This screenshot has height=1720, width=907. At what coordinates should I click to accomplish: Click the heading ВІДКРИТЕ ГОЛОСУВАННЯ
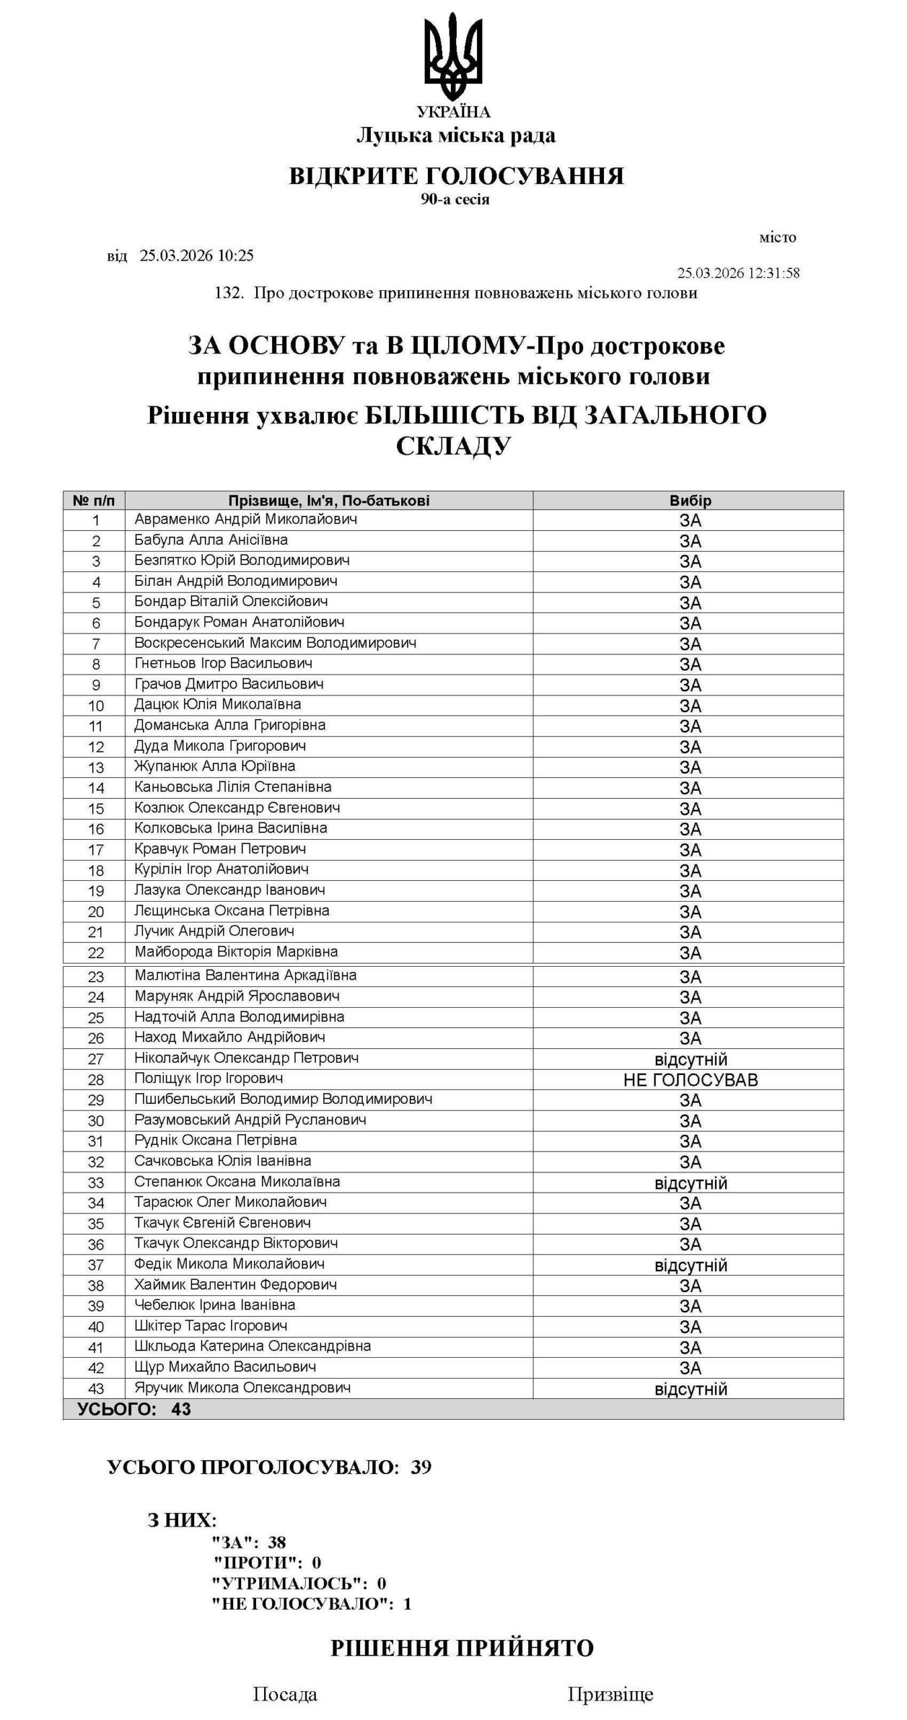tap(456, 176)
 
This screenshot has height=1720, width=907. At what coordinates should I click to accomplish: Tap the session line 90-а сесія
tap(455, 200)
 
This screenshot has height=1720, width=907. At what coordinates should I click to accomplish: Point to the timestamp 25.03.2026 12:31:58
tap(738, 273)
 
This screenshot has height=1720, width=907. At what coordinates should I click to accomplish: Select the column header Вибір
tap(690, 501)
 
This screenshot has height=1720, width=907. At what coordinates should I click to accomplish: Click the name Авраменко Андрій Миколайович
tap(245, 519)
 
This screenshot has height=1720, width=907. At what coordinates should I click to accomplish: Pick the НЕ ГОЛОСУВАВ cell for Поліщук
tap(690, 1080)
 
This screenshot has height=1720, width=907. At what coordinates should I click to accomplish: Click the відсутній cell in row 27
tap(690, 1060)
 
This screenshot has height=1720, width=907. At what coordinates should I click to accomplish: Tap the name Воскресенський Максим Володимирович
tap(275, 643)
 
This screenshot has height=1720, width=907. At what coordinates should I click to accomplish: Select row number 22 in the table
tap(95, 953)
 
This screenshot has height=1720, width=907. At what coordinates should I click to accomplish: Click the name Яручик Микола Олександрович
tap(242, 1387)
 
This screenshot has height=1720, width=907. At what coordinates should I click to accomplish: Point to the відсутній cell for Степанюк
tap(690, 1183)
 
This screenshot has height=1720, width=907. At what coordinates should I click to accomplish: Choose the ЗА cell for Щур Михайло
tap(690, 1368)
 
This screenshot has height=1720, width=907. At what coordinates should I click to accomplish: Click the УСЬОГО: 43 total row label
tap(134, 1410)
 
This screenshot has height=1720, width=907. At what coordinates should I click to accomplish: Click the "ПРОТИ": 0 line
tap(267, 1562)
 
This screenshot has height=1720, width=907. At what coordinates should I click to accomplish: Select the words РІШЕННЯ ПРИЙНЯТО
tap(462, 1649)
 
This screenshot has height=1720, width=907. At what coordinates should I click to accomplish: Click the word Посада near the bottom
tap(285, 1694)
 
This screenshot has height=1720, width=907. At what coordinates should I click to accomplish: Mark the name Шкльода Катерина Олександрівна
tap(252, 1346)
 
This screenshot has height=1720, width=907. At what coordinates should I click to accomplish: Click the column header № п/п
tap(94, 501)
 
